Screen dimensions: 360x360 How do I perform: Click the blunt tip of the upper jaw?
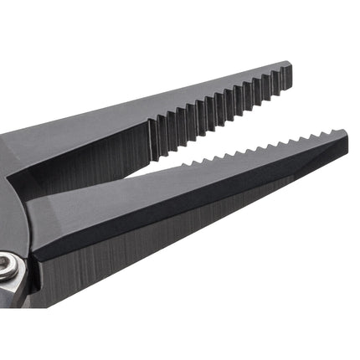click(x=286, y=75)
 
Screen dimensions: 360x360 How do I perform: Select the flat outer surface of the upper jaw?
click(x=84, y=134)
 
